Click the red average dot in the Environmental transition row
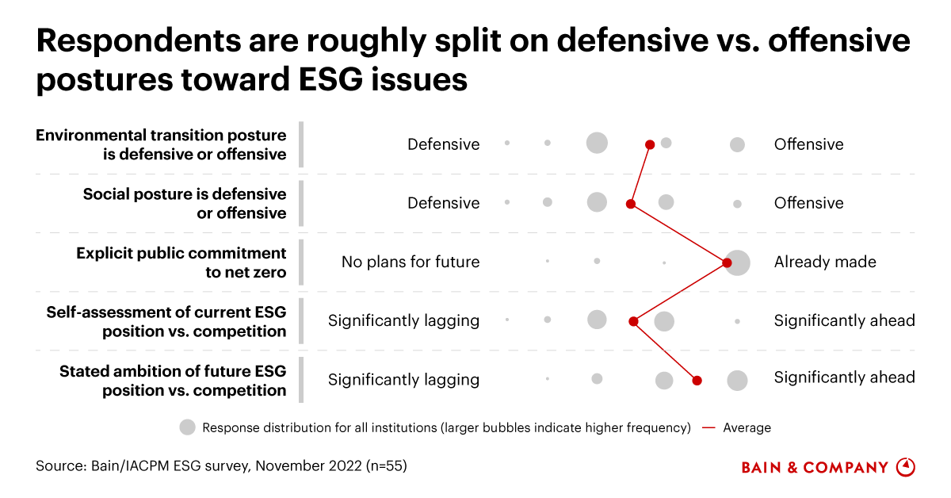(650, 144)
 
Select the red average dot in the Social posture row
(631, 204)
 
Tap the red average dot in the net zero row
(727, 262)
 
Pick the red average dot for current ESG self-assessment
(633, 321)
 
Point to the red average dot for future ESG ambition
(697, 381)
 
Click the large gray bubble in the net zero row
(738, 262)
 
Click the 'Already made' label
(825, 262)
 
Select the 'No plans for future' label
(411, 262)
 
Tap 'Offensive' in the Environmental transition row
(808, 144)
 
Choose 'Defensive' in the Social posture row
(443, 203)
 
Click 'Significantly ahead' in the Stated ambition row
(844, 377)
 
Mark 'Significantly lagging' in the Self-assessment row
(403, 320)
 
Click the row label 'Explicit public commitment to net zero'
(181, 262)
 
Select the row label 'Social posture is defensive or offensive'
(184, 204)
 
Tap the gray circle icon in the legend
(187, 427)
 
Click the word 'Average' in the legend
(747, 427)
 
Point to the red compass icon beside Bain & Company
(905, 467)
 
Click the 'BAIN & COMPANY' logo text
(815, 468)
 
